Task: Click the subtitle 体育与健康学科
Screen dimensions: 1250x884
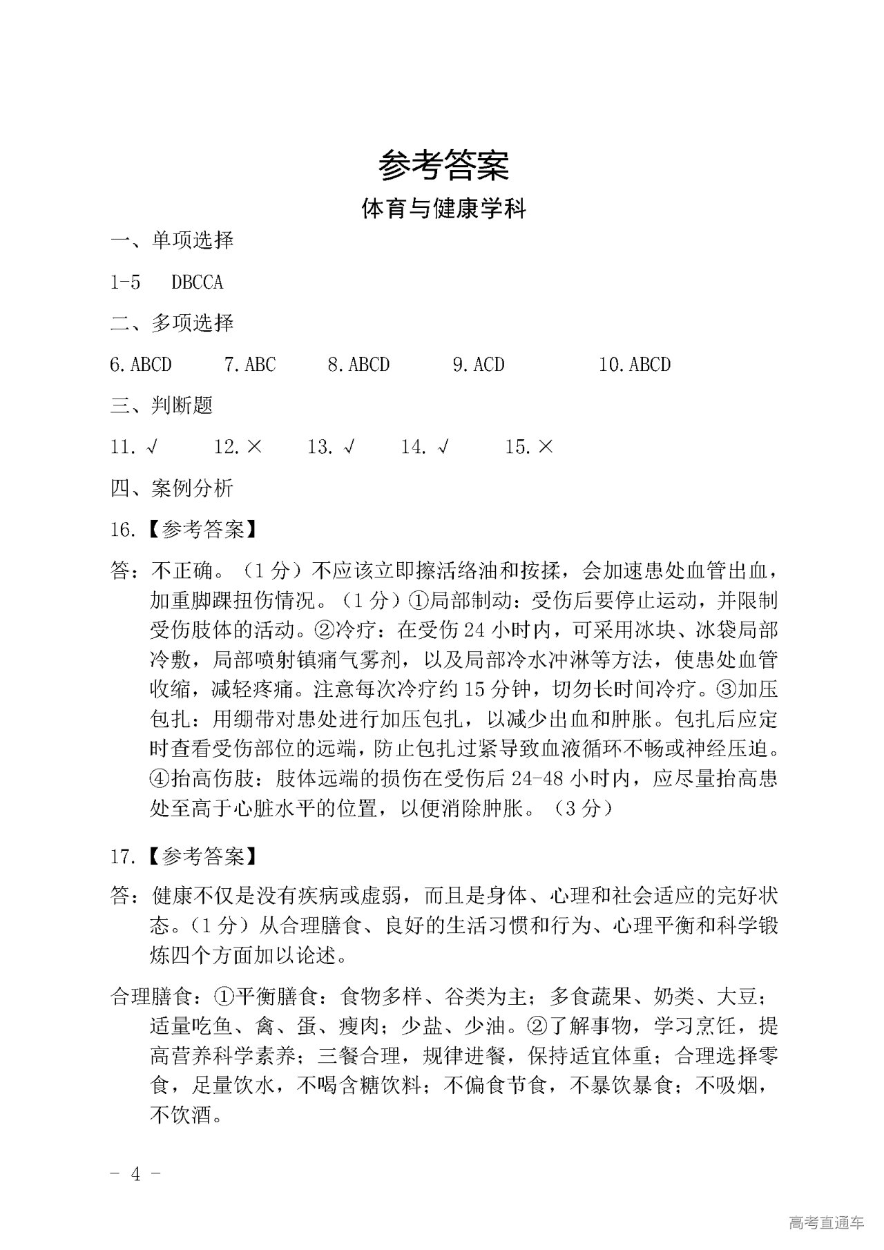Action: pyautogui.click(x=443, y=209)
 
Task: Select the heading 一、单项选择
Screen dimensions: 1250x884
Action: pyautogui.click(x=172, y=240)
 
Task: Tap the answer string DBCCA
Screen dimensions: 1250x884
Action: pyautogui.click(x=198, y=282)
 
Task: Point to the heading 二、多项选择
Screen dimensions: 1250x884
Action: pyautogui.click(x=172, y=323)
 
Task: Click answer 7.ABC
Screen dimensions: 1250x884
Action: pyautogui.click(x=250, y=365)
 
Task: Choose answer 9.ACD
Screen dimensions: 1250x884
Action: pyautogui.click(x=479, y=365)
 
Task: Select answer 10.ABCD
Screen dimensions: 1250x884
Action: pyautogui.click(x=635, y=365)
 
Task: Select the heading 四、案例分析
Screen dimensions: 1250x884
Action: pyautogui.click(x=172, y=488)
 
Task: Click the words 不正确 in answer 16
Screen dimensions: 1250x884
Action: pyautogui.click(x=182, y=571)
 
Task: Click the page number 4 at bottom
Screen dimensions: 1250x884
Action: pyautogui.click(x=136, y=1174)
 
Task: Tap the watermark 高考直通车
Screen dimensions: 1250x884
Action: pyautogui.click(x=825, y=1222)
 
